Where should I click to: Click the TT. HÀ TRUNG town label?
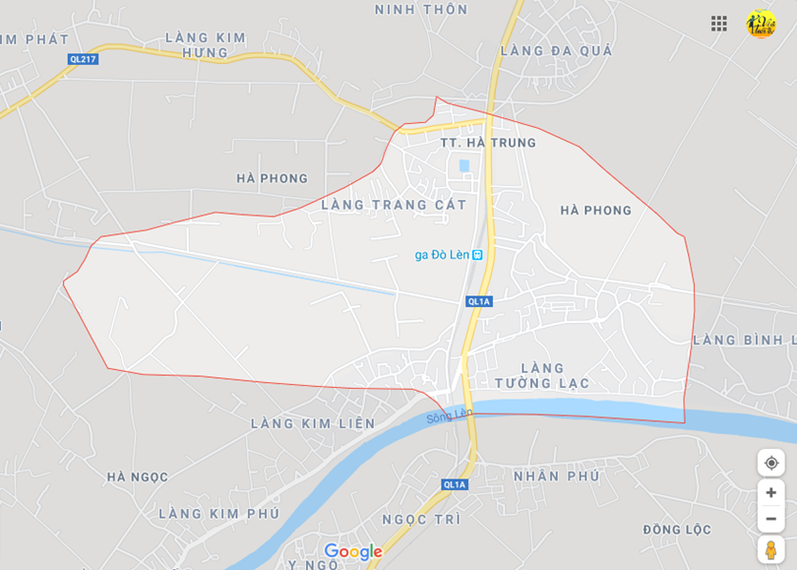point(488,143)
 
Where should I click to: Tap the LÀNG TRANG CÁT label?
point(394,205)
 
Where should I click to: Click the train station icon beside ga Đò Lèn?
point(477,254)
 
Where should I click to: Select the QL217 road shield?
point(84,59)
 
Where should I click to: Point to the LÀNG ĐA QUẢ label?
point(556,50)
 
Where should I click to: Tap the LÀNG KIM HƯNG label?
point(206,44)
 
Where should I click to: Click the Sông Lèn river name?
point(450,417)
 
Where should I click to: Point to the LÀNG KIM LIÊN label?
point(313,423)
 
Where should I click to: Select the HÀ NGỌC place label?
point(138,476)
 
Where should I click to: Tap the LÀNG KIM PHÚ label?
point(218,513)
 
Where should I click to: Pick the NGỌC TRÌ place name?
point(421,519)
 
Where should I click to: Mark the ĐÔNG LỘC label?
point(677,530)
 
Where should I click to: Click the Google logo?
point(352,552)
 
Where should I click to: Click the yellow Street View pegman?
point(770,549)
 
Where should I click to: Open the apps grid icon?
point(719,24)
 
